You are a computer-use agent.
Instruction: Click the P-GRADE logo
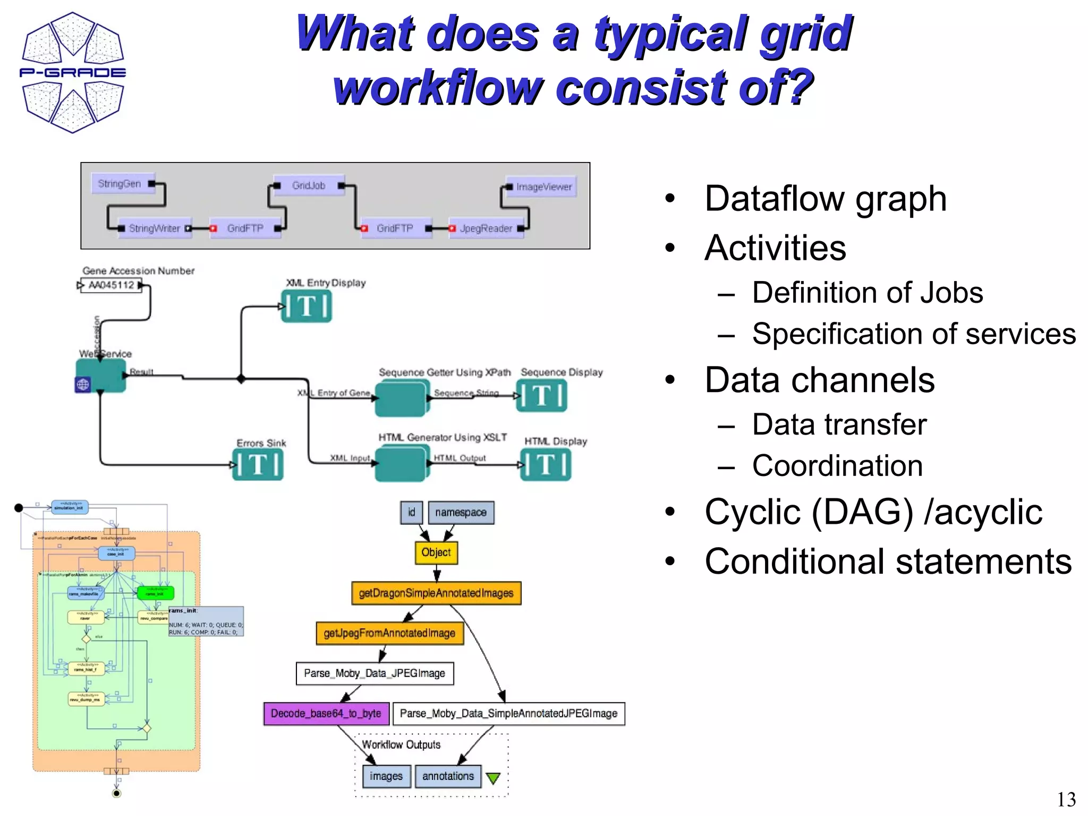[x=73, y=73]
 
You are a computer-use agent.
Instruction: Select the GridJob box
[x=309, y=185]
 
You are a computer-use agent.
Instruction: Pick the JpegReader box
[x=486, y=228]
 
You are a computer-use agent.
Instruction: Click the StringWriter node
[x=154, y=228]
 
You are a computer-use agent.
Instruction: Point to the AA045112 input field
[x=111, y=285]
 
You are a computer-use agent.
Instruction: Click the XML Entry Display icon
[x=307, y=307]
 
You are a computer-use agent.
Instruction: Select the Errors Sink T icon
[x=258, y=465]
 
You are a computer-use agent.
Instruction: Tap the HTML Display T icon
[x=546, y=465]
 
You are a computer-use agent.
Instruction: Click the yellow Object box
[x=436, y=552]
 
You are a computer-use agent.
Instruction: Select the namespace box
[x=461, y=513]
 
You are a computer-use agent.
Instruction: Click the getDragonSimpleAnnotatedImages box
[x=436, y=593]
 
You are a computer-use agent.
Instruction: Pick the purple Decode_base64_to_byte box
[x=326, y=713]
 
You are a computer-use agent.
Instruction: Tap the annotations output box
[x=448, y=776]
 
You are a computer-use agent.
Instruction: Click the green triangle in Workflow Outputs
[x=494, y=778]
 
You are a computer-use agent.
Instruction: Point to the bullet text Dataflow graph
[x=825, y=199]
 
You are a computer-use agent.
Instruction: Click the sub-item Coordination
[x=837, y=466]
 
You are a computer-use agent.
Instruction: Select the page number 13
[x=1066, y=800]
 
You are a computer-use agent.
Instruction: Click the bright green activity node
[x=155, y=592]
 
